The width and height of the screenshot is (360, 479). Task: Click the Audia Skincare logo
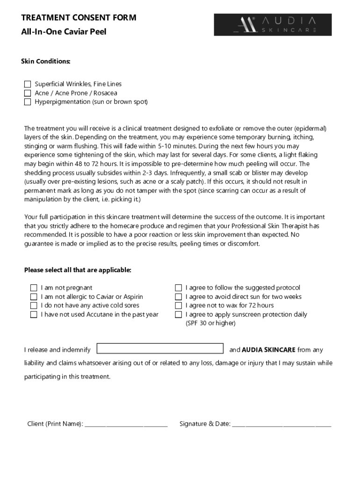coord(273,25)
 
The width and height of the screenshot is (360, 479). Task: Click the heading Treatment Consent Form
coord(79,18)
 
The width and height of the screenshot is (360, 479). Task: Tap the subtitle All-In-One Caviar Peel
coord(64,32)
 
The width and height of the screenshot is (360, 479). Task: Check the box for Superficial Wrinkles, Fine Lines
coord(28,84)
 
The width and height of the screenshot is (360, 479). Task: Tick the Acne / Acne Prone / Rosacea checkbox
coord(28,93)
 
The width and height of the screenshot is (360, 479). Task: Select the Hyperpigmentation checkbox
coord(28,102)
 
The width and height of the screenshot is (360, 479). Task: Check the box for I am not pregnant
coord(34,288)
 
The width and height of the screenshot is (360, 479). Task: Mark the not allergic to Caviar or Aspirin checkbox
coord(34,297)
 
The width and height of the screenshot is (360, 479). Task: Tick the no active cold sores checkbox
coord(34,305)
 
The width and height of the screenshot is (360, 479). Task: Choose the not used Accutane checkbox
coord(34,314)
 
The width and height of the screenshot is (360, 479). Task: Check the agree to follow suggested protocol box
coord(178,288)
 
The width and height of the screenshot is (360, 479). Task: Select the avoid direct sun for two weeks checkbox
coord(178,297)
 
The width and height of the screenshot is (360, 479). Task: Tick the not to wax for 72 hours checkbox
coord(178,305)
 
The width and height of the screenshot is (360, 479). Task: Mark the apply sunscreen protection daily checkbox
coord(178,314)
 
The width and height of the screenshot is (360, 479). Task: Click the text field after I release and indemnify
coord(160,349)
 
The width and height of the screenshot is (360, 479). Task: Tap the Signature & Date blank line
coord(281,424)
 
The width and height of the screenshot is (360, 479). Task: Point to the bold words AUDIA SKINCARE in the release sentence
coord(268,350)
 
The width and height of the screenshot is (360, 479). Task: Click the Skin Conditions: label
coord(46,61)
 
